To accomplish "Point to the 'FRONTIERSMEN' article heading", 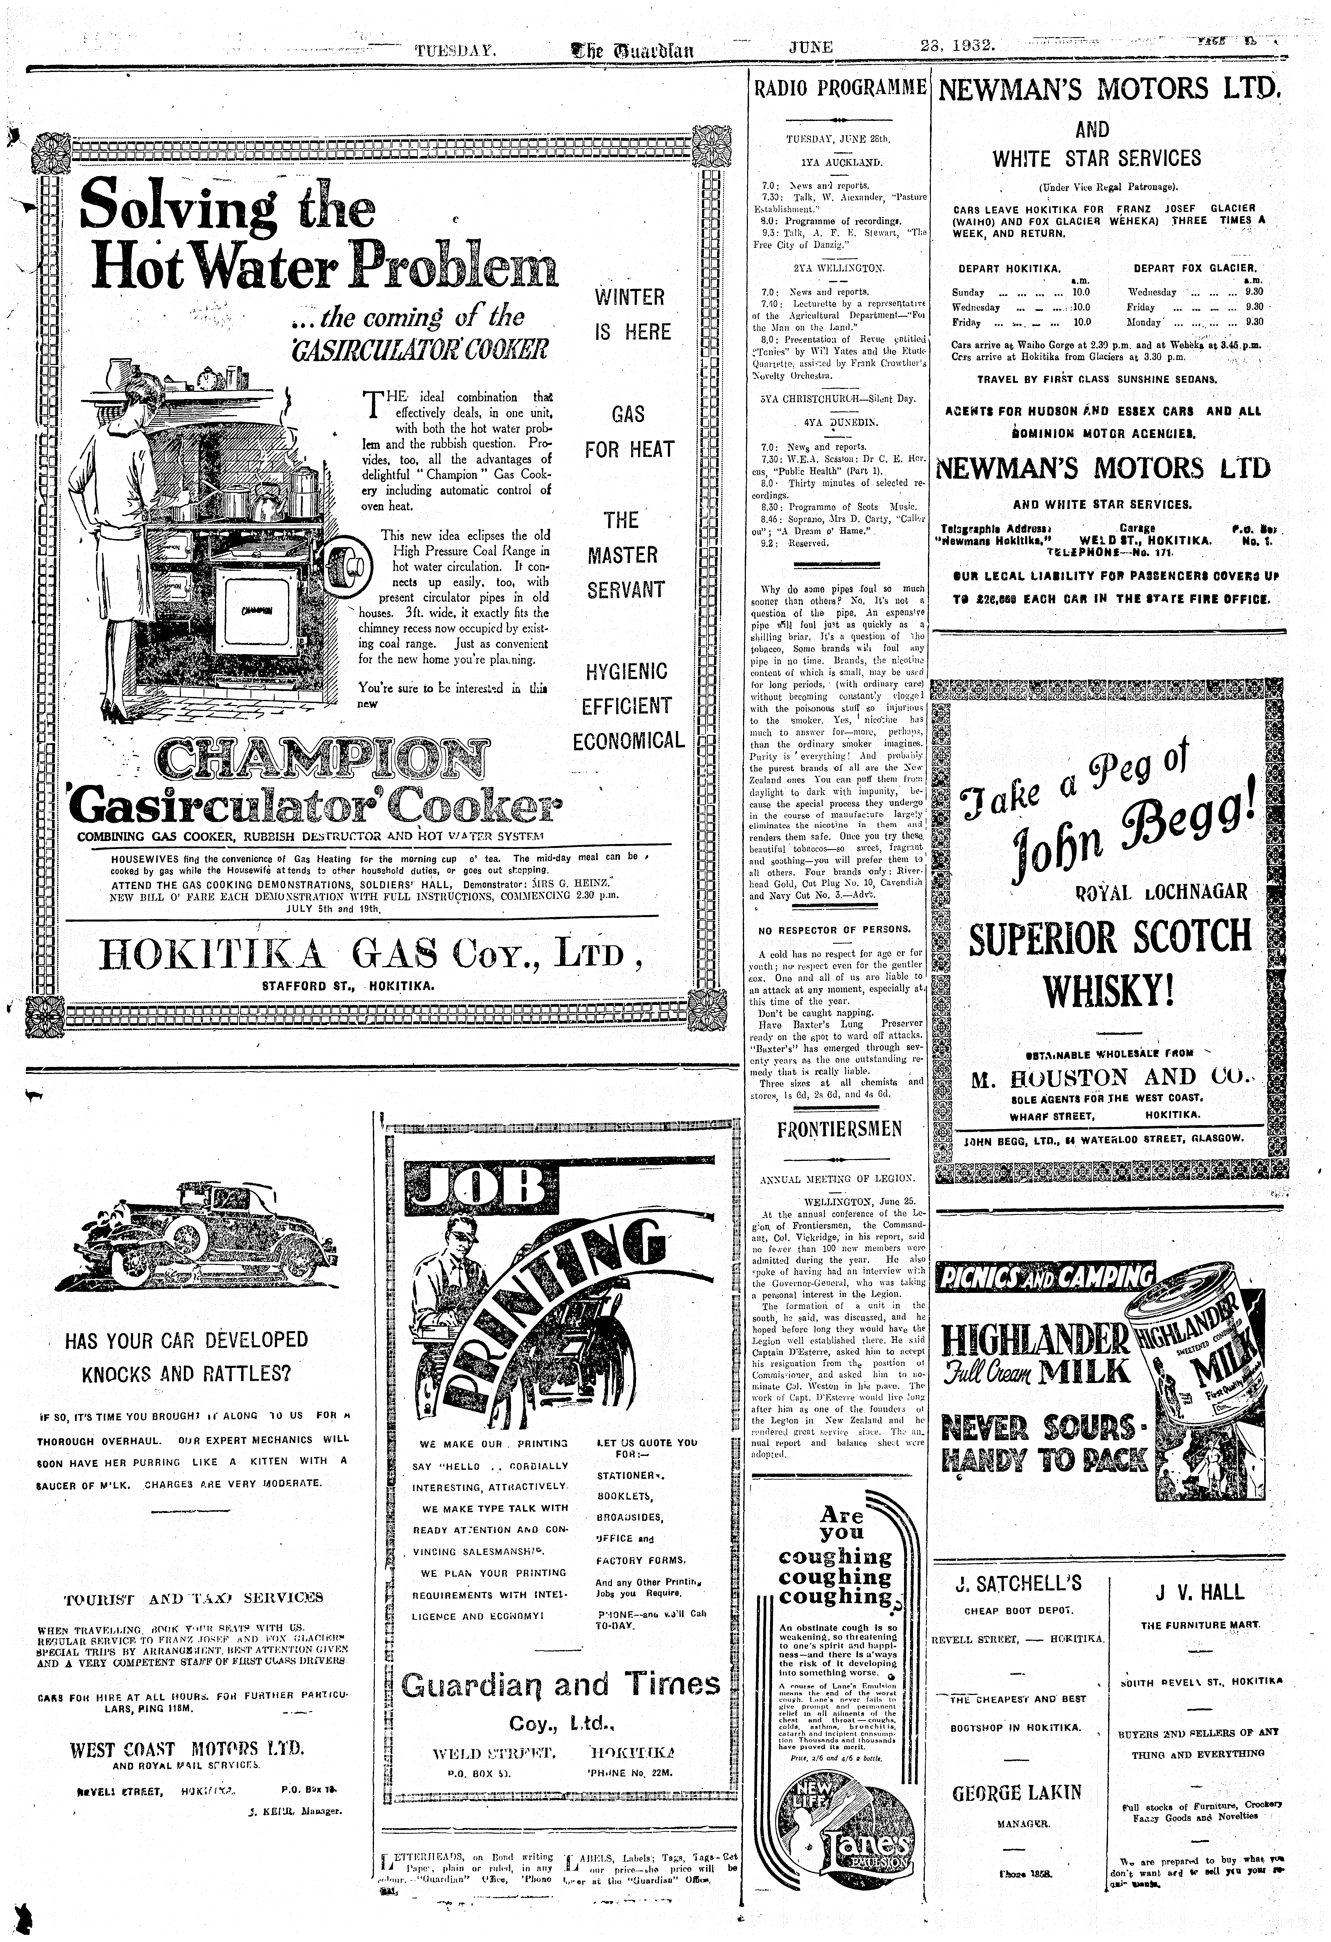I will click(x=840, y=1129).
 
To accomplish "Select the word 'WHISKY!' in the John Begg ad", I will click(x=1109, y=994).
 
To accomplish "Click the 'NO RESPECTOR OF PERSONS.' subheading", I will click(x=834, y=929).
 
